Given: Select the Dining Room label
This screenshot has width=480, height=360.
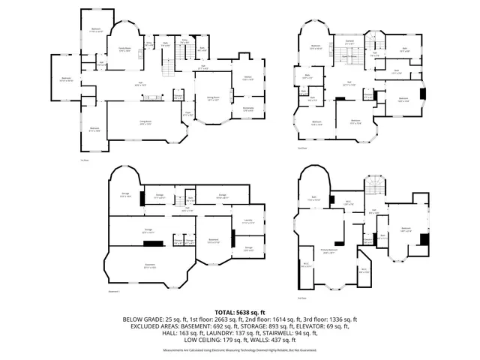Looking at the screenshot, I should point(202,98).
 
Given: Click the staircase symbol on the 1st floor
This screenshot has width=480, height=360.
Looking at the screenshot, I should point(167,71).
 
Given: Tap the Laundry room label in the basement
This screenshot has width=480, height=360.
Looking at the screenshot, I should point(248,220).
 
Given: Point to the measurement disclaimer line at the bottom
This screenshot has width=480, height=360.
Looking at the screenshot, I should point(240,350).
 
